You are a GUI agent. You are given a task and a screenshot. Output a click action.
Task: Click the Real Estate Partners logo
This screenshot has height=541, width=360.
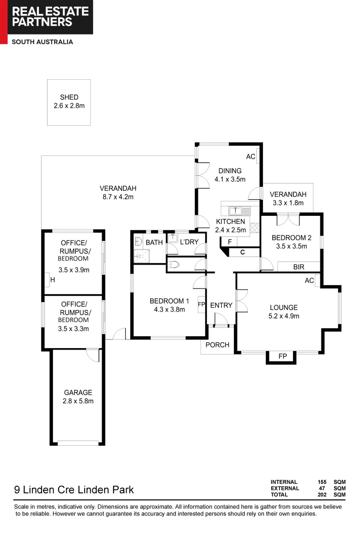(47, 17)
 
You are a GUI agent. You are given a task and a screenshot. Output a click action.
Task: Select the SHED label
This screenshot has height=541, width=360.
(69, 97)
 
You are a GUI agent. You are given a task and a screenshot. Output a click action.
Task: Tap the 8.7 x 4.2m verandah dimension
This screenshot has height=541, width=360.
(118, 197)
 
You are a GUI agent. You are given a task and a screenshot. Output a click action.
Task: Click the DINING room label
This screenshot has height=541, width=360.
(230, 171)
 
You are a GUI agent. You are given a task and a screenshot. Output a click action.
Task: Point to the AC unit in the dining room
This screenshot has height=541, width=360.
(251, 157)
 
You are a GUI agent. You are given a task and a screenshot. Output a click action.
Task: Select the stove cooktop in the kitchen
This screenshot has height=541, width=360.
(254, 228)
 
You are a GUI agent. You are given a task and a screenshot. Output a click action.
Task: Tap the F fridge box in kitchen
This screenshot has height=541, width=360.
(229, 242)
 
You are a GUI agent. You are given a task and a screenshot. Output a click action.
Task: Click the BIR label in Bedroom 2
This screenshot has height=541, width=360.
(298, 267)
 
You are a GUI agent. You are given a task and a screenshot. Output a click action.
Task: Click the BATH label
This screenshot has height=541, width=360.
(154, 242)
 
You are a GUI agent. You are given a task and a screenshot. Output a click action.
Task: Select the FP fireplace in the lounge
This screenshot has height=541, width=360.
(282, 356)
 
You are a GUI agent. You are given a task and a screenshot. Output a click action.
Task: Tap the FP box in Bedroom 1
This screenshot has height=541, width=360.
(202, 305)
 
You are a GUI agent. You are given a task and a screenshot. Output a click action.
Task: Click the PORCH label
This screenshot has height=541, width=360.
(218, 345)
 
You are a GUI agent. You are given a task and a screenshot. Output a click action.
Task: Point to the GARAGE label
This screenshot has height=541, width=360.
(78, 393)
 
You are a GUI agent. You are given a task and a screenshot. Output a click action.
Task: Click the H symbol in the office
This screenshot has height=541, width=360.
(53, 280)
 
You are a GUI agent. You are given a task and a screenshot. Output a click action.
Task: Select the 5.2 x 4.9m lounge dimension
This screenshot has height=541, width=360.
(284, 316)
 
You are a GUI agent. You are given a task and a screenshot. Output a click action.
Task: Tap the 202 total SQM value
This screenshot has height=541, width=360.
(321, 495)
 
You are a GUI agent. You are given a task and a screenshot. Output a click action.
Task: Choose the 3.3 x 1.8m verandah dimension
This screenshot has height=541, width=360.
(288, 203)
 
